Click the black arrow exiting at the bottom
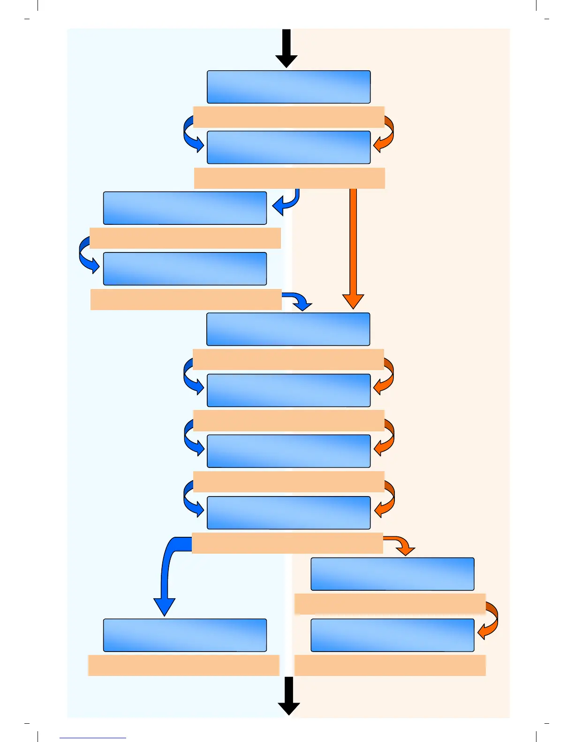[288, 696]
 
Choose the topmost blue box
[288, 87]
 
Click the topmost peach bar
[288, 117]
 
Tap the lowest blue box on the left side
[185, 635]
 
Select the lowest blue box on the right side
[393, 635]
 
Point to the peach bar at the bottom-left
[183, 665]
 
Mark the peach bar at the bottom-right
[390, 665]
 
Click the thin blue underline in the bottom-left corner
[93, 738]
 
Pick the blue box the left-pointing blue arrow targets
[185, 208]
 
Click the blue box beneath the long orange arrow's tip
[288, 329]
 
